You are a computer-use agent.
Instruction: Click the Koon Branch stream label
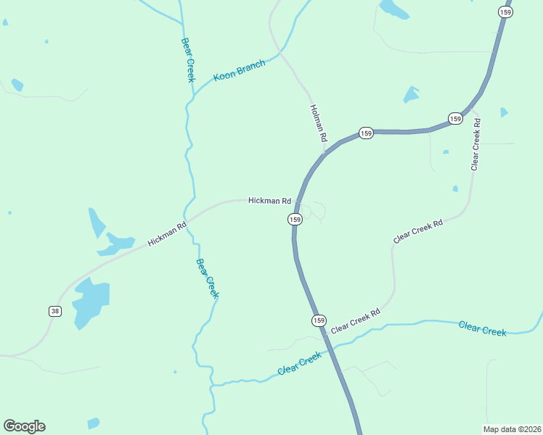coord(239,70)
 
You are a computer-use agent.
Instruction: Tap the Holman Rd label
coord(319,123)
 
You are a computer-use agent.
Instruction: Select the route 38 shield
coord(55,311)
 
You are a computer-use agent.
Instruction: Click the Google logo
coord(24,426)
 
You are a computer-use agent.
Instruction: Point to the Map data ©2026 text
coord(512,428)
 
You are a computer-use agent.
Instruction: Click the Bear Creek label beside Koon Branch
coord(187,60)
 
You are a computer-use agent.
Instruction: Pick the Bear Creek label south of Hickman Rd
coord(207,278)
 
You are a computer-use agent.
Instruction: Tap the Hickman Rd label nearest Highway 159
coord(269,201)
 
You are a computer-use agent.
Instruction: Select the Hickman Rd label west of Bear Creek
coord(167,233)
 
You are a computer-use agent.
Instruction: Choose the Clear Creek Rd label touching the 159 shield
coord(356,321)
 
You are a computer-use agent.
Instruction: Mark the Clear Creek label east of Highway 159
coord(482,328)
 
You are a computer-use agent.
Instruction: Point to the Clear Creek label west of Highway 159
coord(299,364)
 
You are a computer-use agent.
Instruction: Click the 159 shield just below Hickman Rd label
coord(295,219)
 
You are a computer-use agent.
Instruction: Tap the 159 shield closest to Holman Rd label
coord(366,133)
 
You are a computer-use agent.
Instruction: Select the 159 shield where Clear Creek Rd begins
coord(319,320)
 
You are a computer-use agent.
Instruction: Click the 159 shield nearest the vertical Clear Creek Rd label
coord(455,118)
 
